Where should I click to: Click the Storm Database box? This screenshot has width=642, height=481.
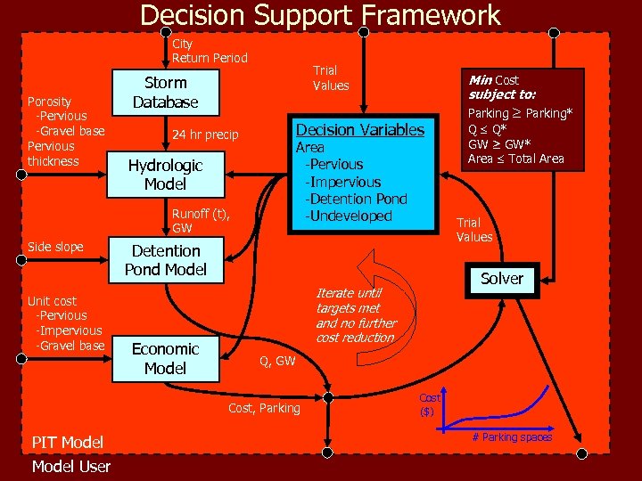pos(165,93)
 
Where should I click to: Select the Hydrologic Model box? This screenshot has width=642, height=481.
pos(165,175)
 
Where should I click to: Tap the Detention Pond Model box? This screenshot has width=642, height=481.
pos(165,260)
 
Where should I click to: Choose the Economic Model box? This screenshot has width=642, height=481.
pos(165,358)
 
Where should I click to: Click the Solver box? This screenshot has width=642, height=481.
pos(502,279)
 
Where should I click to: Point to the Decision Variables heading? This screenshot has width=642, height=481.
pos(360,130)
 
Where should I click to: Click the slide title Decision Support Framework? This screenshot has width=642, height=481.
pos(320,15)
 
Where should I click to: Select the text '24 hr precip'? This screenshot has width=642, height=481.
pos(205,135)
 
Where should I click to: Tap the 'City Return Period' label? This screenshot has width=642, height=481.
pos(210,51)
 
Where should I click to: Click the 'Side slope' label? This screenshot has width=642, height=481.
pos(55,247)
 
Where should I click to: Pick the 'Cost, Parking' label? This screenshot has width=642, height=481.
pos(264,408)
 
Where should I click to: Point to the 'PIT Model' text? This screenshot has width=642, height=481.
pos(67,442)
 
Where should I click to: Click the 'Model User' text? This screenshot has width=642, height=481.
pos(71,467)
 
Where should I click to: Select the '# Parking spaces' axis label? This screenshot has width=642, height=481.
pos(512,436)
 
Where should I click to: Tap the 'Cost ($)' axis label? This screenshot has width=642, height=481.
pos(431,404)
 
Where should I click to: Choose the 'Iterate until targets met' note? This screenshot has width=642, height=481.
pos(355,315)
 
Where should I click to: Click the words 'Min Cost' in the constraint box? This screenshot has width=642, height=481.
pos(494,80)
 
